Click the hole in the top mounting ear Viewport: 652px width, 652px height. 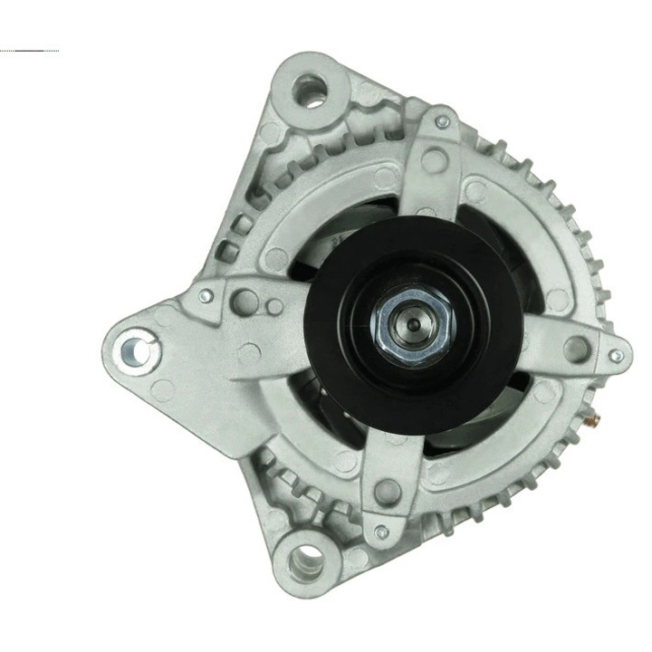coord(311,89)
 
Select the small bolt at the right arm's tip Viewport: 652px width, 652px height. coord(616,356)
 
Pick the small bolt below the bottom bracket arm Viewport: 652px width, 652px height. coord(381,532)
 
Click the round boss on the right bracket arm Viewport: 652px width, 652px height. coord(574,347)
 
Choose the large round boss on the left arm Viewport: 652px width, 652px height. coord(244,302)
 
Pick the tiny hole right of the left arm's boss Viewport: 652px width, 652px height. coord(273,306)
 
